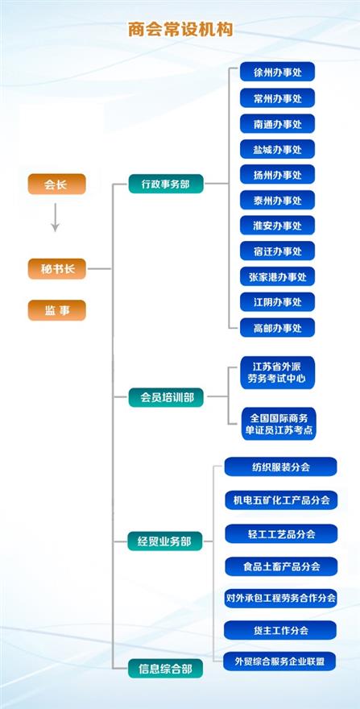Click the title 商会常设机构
click(180, 30)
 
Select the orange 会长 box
click(56, 184)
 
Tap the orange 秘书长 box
click(56, 269)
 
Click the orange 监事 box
click(56, 311)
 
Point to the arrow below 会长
click(55, 218)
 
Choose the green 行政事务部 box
click(166, 184)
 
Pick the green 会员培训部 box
click(166, 397)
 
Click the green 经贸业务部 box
click(164, 541)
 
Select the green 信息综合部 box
click(165, 669)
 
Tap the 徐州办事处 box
click(277, 72)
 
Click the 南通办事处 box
click(277, 123)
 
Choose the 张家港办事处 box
click(277, 276)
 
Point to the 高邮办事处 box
click(277, 328)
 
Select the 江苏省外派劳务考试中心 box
click(277, 372)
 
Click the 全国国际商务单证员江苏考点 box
click(279, 424)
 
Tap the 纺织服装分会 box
click(281, 466)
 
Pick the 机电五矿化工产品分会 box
click(281, 500)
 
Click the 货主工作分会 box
click(280, 630)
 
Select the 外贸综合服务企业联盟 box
click(280, 661)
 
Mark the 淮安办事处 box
click(277, 225)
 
